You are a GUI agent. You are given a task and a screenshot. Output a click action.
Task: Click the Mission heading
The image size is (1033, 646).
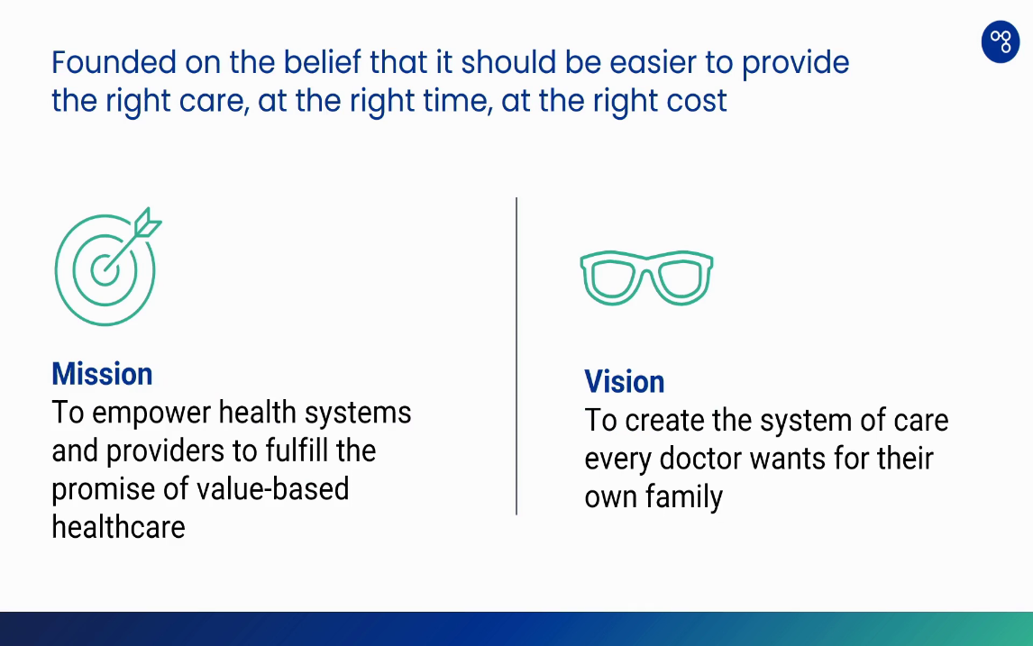point(102,374)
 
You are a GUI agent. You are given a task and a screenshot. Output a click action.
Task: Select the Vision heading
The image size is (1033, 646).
point(625,382)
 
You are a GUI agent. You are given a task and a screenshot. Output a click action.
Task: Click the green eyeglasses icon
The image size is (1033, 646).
point(646,278)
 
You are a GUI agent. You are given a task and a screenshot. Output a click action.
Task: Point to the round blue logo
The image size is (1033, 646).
point(1000,41)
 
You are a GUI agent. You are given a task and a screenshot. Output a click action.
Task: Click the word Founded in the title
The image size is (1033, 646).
point(114,62)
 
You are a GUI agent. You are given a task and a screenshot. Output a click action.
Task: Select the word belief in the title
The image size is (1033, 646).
point(322,62)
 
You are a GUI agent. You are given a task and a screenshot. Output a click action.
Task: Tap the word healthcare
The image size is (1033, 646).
point(119,527)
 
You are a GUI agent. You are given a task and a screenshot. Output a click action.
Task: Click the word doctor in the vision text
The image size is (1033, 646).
point(699,459)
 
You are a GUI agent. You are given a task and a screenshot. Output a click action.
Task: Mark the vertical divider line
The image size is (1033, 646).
point(516,356)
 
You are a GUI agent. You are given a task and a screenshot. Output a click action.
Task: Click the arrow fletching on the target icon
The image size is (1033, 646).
point(147,223)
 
